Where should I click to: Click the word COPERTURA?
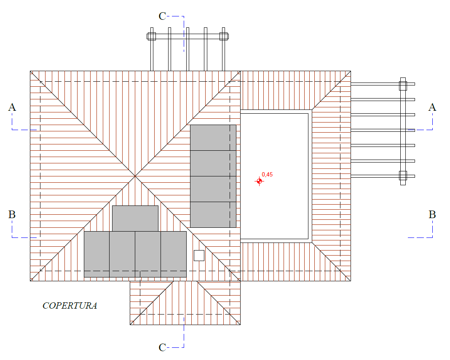coord(70,306)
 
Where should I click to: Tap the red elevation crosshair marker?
coord(259,181)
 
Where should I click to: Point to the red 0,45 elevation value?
coord(267,174)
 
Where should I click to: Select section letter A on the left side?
coord(12,107)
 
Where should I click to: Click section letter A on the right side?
coord(432,107)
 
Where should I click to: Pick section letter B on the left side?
coord(12,215)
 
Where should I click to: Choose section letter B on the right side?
coord(432,215)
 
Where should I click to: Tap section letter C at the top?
coord(162,16)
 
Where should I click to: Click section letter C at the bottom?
coord(162,347)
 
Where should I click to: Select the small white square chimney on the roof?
coord(199,256)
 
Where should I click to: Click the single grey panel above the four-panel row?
coord(135,219)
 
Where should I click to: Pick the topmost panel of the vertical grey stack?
coord(213,138)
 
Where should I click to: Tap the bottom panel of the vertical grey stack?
coord(213,215)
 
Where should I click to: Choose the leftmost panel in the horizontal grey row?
coord(97,254)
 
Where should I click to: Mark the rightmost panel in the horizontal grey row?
coord(174,254)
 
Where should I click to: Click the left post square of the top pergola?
coord(152,37)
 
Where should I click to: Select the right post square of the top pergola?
coord(224,37)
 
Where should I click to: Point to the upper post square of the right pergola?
coord(403,86)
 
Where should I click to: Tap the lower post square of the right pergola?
coord(403,176)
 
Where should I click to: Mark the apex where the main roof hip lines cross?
coord(135,176)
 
